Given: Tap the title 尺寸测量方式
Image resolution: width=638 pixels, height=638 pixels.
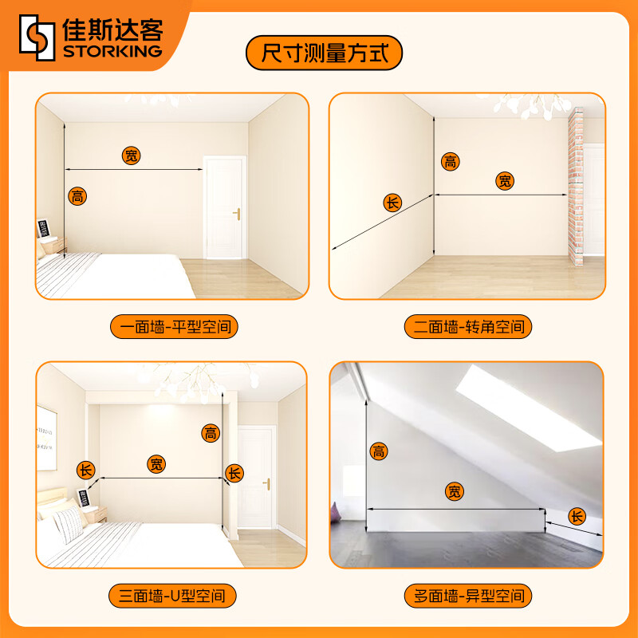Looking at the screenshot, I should tap(324, 54).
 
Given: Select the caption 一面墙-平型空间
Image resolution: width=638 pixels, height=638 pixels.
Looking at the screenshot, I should tap(174, 327).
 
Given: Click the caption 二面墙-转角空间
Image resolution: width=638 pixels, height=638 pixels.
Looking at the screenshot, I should tap(467, 327).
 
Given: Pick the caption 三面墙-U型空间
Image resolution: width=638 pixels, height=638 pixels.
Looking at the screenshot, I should tap(173, 595).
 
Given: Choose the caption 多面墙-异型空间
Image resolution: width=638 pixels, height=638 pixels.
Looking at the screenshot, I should tap(467, 595).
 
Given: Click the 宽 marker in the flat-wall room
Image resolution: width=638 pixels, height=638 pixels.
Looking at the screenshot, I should tap(132, 156).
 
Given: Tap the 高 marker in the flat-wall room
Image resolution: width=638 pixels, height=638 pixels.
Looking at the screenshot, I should tap(77, 195).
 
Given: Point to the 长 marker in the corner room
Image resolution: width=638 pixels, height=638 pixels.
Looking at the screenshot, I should tap(392, 203).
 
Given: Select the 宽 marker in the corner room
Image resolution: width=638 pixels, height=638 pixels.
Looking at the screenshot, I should tap(505, 181).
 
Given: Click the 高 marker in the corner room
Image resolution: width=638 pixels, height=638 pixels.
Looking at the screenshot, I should tap(451, 162).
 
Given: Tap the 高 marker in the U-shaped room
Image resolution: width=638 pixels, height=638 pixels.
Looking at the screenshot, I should tap(211, 433).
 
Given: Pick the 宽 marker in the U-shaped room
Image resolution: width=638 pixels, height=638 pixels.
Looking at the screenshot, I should tap(158, 464).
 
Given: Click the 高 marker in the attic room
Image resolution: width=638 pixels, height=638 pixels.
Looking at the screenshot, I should tap(379, 452).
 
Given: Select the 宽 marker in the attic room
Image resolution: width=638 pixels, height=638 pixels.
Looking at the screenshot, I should tap(455, 492).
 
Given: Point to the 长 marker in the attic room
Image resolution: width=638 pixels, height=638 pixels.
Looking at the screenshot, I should tap(577, 516).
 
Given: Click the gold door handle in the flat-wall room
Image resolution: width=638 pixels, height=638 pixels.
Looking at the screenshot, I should tap(236, 213).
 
